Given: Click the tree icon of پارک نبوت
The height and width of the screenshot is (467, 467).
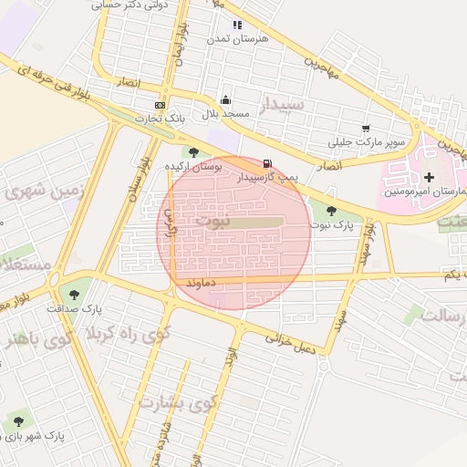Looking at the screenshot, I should [x=330, y=211].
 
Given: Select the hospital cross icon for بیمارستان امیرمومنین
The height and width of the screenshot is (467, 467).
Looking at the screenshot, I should [x=430, y=174].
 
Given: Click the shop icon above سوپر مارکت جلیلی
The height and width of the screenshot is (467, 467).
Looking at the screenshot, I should [x=367, y=129].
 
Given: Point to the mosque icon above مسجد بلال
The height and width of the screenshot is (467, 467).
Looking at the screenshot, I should [x=225, y=100].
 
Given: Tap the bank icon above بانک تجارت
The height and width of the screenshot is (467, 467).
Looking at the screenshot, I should [x=160, y=105].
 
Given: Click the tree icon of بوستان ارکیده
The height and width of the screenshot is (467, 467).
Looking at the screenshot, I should [x=192, y=151].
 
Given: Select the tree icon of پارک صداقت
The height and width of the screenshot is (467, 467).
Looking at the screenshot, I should [x=73, y=294].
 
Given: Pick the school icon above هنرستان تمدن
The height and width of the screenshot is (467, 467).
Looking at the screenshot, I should [x=237, y=26].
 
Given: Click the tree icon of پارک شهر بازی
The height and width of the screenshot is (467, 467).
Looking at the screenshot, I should [x=18, y=420].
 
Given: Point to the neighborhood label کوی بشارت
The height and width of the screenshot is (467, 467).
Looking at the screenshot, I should [x=179, y=402].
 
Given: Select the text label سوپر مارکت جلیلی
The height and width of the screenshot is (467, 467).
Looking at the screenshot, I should [x=368, y=143].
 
